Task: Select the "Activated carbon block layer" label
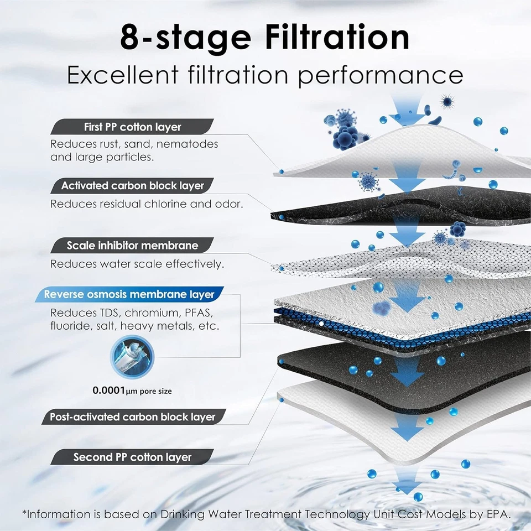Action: pyautogui.click(x=132, y=186)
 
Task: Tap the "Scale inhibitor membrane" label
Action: pyautogui.click(x=132, y=244)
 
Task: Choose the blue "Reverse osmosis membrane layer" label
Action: pyautogui.click(x=132, y=294)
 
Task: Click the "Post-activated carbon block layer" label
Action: pyautogui.click(x=132, y=417)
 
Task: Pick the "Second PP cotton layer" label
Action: pyautogui.click(x=132, y=457)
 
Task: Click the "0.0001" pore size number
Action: pyautogui.click(x=108, y=391)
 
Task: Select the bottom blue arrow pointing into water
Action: pyautogui.click(x=408, y=485)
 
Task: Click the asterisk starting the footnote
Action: pyautogui.click(x=25, y=513)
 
